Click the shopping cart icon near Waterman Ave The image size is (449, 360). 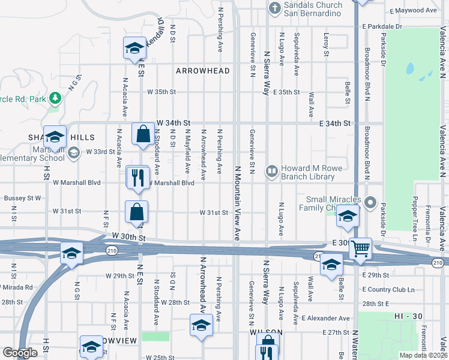[360, 248]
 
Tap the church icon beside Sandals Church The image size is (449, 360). [274, 9]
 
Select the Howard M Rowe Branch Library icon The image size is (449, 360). [272, 173]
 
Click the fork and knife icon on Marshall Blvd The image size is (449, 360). [137, 178]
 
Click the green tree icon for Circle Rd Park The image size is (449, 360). [55, 97]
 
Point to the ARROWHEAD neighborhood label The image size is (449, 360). [203, 71]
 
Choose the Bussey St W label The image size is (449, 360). [22, 197]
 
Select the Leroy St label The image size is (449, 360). [326, 45]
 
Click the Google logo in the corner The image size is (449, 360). [20, 353]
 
